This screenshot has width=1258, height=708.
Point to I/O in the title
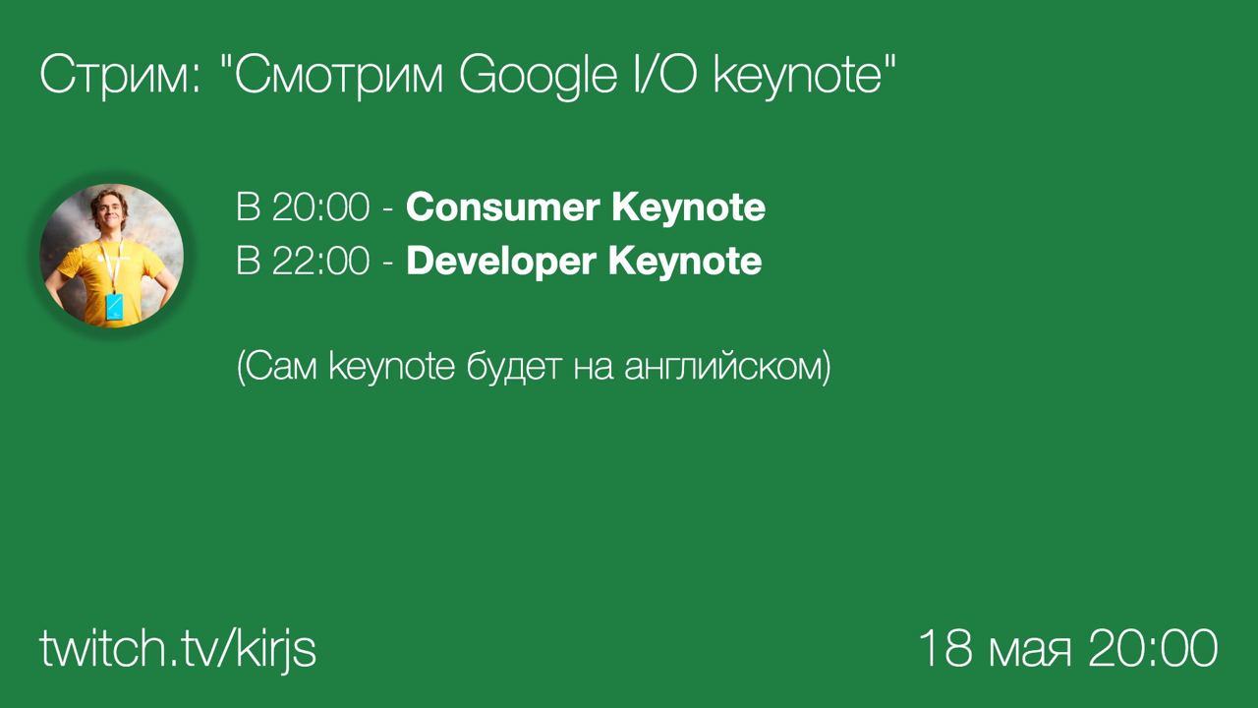pos(665,74)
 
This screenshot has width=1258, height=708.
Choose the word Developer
pos(501,263)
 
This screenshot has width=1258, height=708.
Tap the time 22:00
pos(321,261)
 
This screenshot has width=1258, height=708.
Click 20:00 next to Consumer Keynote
pos(321,206)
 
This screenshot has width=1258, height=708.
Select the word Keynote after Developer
pos(685,263)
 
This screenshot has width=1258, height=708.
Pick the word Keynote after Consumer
pos(689,208)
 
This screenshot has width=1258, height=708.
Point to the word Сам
pos(277,367)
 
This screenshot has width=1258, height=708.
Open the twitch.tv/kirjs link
pos(178,648)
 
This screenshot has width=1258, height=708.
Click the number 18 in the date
pos(945,648)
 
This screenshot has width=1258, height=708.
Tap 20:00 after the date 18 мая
pos(1153,648)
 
